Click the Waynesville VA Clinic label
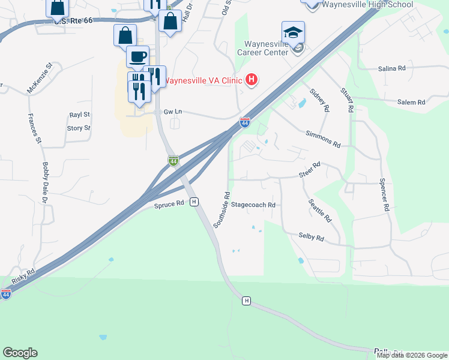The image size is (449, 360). [x=203, y=80]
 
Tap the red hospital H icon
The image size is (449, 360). [x=252, y=80]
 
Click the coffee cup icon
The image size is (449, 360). [x=137, y=57]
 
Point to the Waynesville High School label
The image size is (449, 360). [x=368, y=4]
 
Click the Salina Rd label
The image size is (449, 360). [x=392, y=69]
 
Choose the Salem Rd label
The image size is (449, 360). [x=411, y=103]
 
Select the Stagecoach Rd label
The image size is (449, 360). [x=253, y=205]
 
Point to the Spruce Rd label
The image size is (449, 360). [x=169, y=204]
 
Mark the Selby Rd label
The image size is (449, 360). [x=311, y=238]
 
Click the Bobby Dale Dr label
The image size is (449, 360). [x=45, y=182]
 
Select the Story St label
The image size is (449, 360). [x=79, y=128]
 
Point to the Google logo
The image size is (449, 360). [x=20, y=353]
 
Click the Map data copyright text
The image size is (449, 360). [x=412, y=355]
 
